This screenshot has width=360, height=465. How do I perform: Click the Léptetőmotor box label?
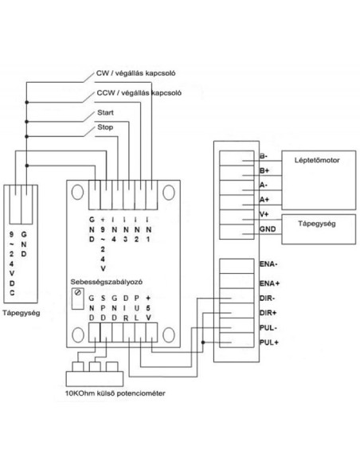click(317, 160)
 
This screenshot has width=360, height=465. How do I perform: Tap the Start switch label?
click(105, 113)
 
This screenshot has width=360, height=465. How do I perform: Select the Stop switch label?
click(105, 127)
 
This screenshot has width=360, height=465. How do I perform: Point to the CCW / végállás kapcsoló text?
click(139, 93)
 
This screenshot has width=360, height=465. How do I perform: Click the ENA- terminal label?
click(268, 264)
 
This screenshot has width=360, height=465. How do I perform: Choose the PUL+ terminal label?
click(269, 342)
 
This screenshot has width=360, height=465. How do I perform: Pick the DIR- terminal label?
click(267, 298)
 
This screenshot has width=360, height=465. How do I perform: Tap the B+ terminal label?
click(264, 170)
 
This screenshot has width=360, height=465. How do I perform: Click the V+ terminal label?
click(264, 214)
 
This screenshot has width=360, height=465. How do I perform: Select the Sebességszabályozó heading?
click(107, 282)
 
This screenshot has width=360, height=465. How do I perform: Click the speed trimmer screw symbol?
click(78, 292)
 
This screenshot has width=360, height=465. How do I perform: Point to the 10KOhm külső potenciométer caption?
click(115, 393)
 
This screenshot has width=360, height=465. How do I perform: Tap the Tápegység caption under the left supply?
click(21, 313)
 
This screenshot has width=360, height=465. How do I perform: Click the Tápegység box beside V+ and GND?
click(319, 229)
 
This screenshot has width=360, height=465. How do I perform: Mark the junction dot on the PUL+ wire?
click(203, 342)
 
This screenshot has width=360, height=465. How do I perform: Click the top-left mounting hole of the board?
click(77, 192)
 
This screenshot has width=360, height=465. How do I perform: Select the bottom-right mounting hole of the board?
click(168, 334)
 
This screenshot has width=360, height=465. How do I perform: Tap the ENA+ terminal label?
click(269, 283)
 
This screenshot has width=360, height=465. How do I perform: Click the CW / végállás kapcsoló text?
click(135, 73)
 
